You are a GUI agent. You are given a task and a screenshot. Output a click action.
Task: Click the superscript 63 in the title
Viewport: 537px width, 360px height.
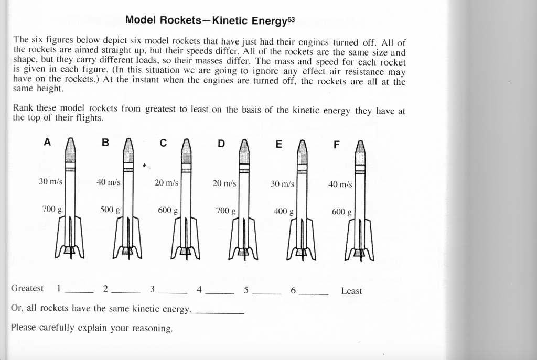coord(291,20)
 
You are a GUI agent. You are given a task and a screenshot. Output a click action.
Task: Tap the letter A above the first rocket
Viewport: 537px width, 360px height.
coord(47,143)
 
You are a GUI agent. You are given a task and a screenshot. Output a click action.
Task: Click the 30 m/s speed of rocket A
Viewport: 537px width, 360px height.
coord(50,182)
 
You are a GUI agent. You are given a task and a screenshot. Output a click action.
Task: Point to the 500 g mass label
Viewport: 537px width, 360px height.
coord(110,210)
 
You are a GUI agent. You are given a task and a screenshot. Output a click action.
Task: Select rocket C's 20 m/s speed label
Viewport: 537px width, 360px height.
coord(167,183)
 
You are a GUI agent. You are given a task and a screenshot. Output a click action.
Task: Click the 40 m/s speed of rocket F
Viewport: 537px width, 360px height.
coord(340,184)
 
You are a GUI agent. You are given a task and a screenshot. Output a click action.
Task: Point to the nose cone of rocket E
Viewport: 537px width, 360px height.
coord(302,151)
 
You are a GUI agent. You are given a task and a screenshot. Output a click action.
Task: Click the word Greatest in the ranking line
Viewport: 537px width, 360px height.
coord(27,288)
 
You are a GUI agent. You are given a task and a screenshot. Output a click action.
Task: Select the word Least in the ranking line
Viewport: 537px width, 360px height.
coord(351,291)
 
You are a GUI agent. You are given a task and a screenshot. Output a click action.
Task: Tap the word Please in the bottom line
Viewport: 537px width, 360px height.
coord(24,328)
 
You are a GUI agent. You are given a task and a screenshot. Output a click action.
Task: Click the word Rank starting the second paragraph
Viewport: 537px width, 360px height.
coord(23,108)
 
